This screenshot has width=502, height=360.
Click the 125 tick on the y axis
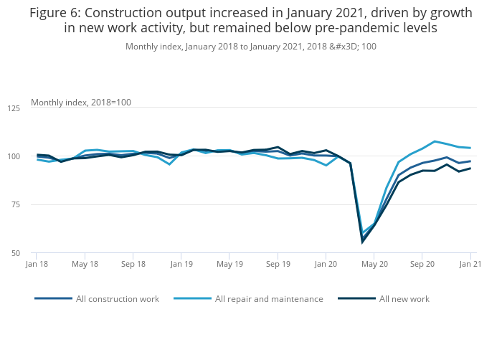(14, 108)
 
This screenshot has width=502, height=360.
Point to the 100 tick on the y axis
(14, 156)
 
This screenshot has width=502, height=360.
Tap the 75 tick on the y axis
(16, 205)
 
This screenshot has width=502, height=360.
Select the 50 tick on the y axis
(16, 253)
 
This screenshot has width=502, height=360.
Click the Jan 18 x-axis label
(37, 264)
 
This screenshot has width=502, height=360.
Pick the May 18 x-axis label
(85, 264)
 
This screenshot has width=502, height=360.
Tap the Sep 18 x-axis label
(133, 264)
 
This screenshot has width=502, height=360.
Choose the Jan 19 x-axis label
(181, 264)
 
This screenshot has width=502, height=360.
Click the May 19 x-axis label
(229, 264)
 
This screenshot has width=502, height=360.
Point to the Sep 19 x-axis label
(278, 264)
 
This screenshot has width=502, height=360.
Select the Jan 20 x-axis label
(326, 264)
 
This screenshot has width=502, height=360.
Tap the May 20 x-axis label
(374, 264)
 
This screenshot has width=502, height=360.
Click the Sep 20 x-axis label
(422, 264)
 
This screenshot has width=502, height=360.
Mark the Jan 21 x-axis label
(470, 264)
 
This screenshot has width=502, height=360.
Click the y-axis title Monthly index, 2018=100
(80, 103)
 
